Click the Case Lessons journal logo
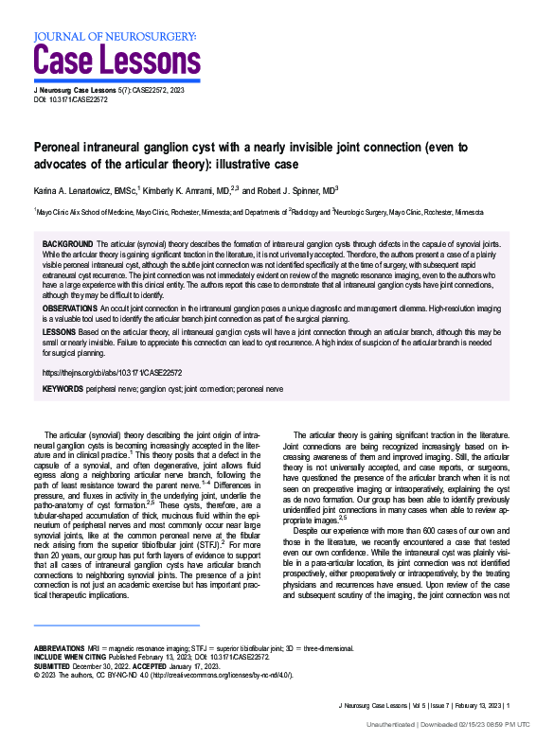pyautogui.click(x=114, y=61)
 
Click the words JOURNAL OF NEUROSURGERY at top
pyautogui.click(x=115, y=37)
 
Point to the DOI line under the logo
pyautogui.click(x=70, y=98)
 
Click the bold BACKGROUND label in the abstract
pyautogui.click(x=67, y=244)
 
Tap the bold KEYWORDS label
pyautogui.click(x=63, y=388)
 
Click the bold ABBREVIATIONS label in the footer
pyautogui.click(x=64, y=648)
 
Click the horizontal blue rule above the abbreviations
pyautogui.click(x=116, y=626)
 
